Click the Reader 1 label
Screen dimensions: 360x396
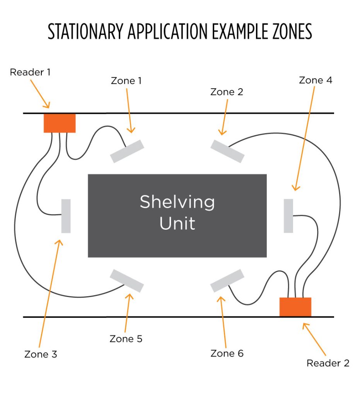point(30,72)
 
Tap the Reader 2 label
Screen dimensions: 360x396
point(328,363)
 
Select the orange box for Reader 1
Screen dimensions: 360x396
point(60,123)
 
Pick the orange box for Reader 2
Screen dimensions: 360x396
point(295,307)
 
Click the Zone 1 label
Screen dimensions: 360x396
point(126,81)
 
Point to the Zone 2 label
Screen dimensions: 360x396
point(227,92)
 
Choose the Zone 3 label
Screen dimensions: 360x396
point(41,354)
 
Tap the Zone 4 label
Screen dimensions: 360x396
point(316,80)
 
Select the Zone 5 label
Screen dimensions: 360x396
point(126,339)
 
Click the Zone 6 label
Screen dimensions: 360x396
point(227,353)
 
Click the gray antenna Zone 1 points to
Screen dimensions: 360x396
point(127,151)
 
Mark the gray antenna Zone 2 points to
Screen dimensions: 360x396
point(227,151)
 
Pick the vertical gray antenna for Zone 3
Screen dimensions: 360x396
point(66,216)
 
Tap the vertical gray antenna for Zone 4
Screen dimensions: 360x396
point(288,216)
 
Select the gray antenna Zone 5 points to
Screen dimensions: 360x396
point(127,281)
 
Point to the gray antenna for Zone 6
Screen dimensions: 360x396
point(227,281)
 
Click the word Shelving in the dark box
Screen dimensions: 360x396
point(177,203)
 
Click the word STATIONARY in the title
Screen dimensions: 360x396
point(85,31)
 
